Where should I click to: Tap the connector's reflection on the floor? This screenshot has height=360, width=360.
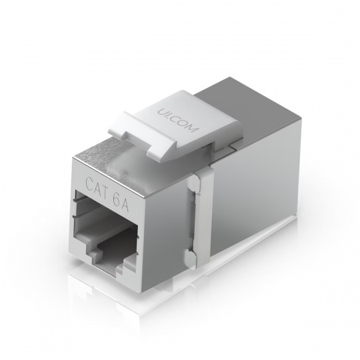[x=200, y=293]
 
